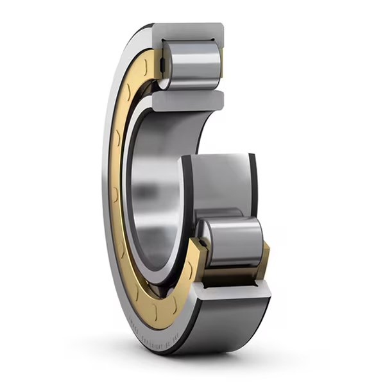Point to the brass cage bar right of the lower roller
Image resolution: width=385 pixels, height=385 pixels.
264,257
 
